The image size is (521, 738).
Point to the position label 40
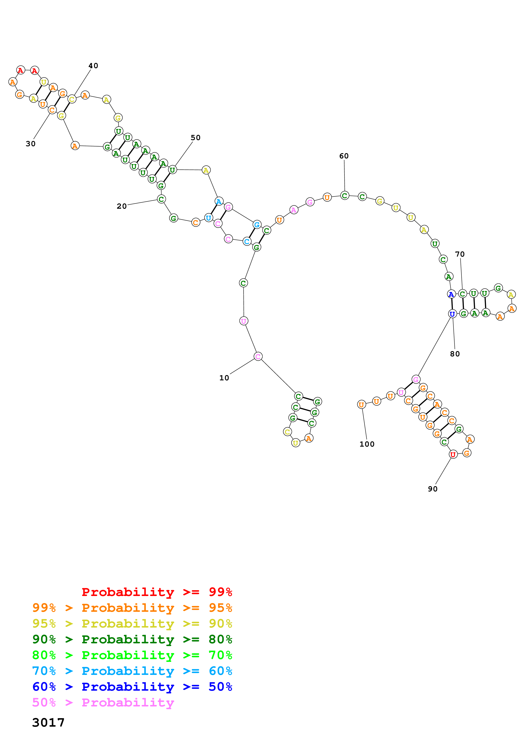click(93, 66)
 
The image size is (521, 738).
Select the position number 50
click(195, 138)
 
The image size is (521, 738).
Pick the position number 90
click(432, 489)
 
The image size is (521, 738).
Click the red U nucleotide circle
click(453, 454)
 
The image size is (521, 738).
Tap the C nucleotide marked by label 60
click(344, 195)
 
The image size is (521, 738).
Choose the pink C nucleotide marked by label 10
click(258, 356)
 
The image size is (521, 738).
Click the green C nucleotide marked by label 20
click(161, 199)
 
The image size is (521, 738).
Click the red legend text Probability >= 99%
click(157, 592)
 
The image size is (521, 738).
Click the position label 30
click(30, 144)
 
